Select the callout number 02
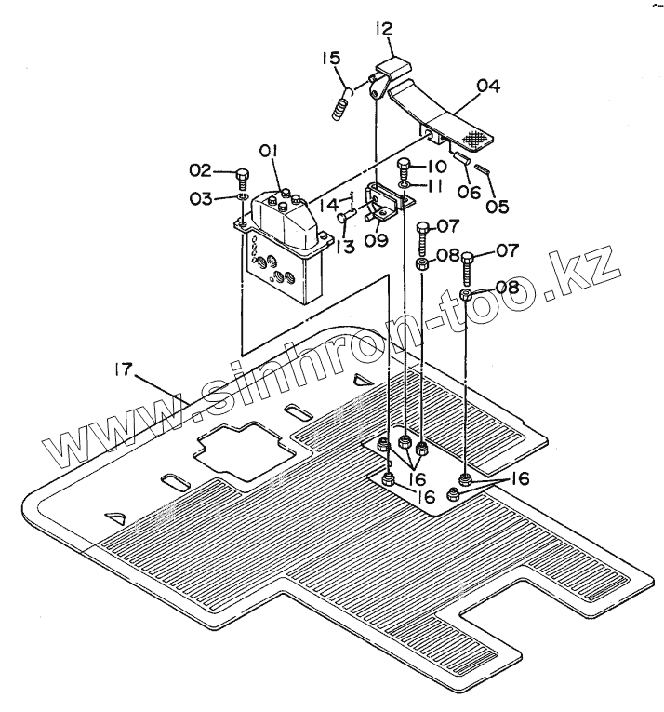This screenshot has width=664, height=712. [x=200, y=169]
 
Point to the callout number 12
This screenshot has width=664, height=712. [x=385, y=31]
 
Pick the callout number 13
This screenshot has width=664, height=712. [x=347, y=246]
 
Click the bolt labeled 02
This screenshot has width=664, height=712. [x=240, y=174]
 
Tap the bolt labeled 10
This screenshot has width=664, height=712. [x=405, y=169]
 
